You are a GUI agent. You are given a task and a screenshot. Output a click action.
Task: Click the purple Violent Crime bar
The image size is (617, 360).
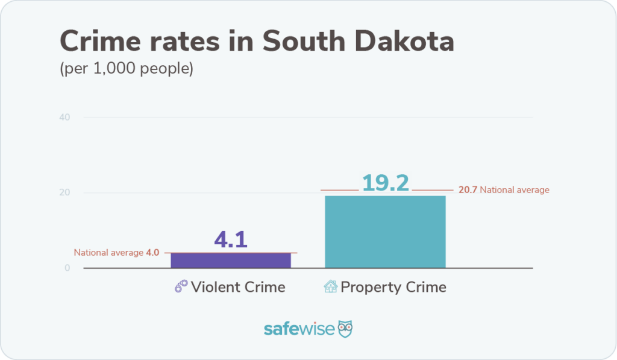point(231,260)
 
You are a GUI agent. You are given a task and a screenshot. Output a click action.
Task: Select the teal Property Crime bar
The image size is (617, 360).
point(385,232)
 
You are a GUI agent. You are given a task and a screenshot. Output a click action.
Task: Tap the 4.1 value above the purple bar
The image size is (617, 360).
point(231,240)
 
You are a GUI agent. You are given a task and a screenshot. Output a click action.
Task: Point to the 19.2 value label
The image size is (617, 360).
point(385,183)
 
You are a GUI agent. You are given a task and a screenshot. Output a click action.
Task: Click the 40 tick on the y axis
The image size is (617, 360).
point(64,117)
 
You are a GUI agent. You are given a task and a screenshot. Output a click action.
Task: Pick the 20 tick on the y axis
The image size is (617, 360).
point(64,193)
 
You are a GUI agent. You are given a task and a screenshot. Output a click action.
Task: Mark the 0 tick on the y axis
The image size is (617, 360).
point(67,268)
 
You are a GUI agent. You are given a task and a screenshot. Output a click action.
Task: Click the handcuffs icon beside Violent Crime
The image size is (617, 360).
point(181,287)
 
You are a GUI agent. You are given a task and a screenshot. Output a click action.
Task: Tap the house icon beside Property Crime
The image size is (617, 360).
point(331,287)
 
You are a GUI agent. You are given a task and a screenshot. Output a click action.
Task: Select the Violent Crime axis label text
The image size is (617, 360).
point(238,287)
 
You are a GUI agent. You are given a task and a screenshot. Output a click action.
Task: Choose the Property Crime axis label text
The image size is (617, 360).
point(393,287)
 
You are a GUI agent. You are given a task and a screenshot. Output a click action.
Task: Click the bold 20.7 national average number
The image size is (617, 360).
point(468,190)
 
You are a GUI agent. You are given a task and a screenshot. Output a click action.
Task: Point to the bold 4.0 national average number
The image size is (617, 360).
point(152,253)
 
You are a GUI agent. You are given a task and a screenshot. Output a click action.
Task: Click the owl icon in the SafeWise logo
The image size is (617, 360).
point(345,329)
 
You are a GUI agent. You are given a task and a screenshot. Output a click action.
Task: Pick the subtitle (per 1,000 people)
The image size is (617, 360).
point(126,69)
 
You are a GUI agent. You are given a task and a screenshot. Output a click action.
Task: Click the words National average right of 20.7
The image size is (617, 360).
point(515,190)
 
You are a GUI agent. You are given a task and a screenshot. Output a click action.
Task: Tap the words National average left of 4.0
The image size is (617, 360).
point(108,253)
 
